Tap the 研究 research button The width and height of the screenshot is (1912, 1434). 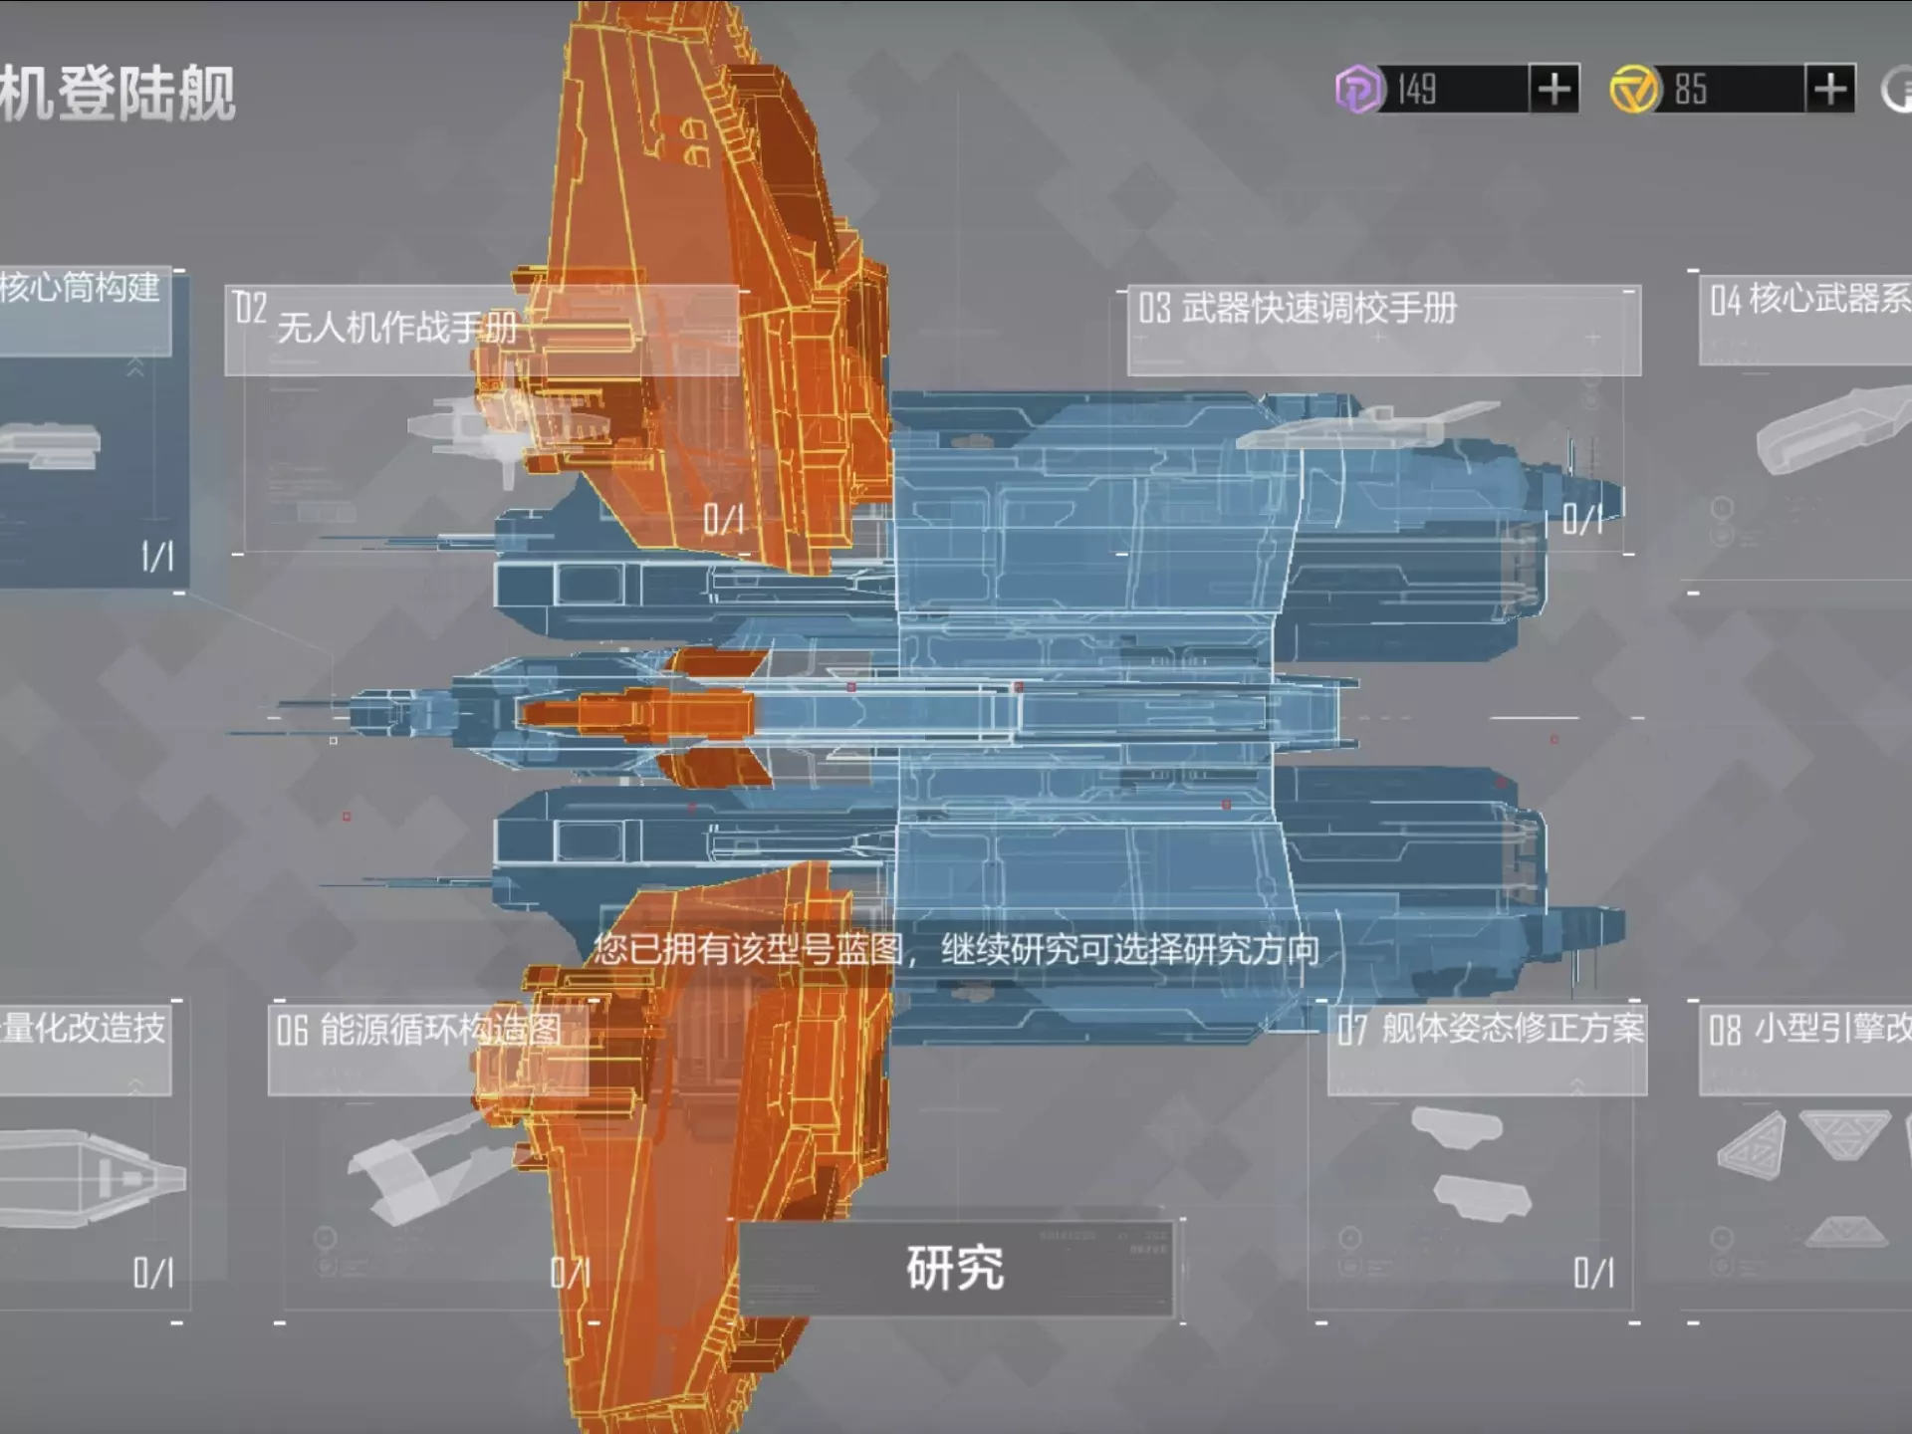[955, 1268]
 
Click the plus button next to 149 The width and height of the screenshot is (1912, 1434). [1553, 90]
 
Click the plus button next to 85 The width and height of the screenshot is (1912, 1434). [1829, 90]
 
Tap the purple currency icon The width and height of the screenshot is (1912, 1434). [1358, 90]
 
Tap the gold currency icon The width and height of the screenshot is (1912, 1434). [1634, 90]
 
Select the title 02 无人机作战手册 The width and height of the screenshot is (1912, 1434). [378, 319]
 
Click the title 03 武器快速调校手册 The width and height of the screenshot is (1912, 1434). [1298, 308]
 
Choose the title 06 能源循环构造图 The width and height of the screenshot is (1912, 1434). [418, 1030]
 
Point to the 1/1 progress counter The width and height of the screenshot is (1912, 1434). [157, 557]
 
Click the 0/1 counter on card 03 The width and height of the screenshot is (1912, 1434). [1582, 519]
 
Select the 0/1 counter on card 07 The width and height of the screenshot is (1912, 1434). [1593, 1273]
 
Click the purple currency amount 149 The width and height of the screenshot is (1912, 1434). [1417, 90]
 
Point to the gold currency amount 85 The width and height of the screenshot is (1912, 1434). [1691, 90]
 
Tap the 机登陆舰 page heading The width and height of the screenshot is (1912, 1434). [118, 95]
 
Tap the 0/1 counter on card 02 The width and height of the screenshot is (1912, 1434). [724, 519]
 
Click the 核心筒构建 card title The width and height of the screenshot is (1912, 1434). [80, 289]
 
